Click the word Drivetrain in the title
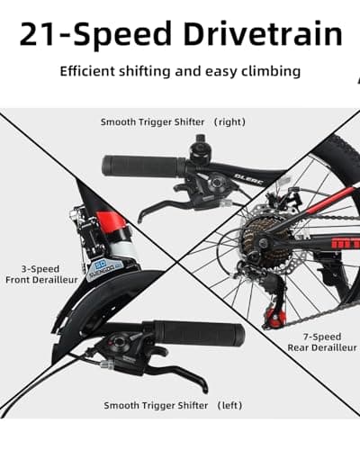(x=263, y=34)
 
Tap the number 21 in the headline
(x=39, y=34)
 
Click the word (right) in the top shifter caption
(x=229, y=122)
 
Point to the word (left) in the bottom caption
(x=229, y=406)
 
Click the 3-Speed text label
(x=40, y=269)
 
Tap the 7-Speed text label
(x=322, y=337)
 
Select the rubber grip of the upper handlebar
(x=144, y=166)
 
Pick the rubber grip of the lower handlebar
(x=198, y=334)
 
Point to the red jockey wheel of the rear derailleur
(x=274, y=315)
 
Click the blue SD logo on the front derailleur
(x=100, y=265)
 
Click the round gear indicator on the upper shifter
(x=216, y=182)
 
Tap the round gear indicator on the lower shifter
(x=118, y=342)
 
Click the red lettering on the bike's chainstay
(x=345, y=242)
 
